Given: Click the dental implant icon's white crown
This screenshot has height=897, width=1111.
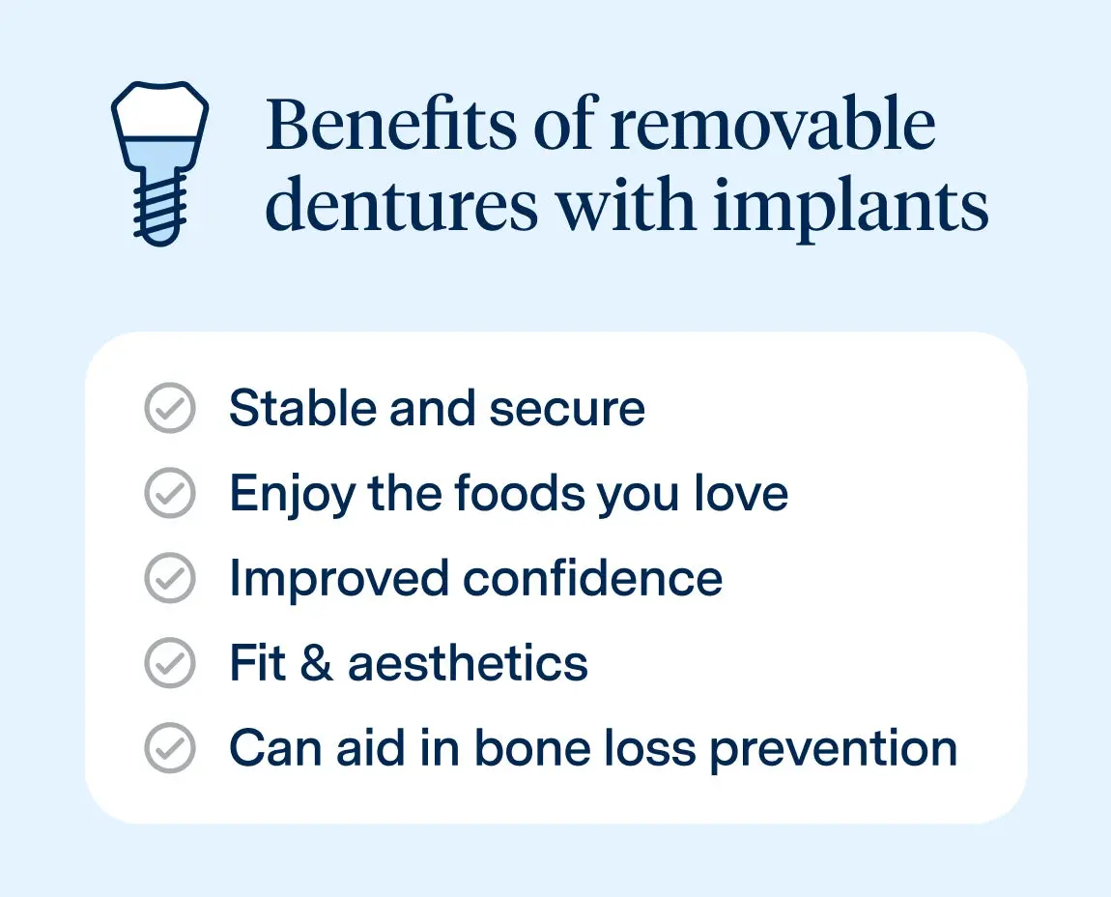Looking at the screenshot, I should [160, 112].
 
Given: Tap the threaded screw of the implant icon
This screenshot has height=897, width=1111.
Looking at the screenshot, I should [160, 211].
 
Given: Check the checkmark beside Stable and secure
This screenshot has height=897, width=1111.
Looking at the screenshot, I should [170, 408].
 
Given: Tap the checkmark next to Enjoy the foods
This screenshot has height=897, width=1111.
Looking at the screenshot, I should [170, 494].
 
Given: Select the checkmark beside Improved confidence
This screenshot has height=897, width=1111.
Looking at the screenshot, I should [170, 578].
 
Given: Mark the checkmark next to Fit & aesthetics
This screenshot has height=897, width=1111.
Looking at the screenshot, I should [170, 663].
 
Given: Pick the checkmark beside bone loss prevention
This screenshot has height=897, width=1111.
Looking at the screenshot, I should [170, 748].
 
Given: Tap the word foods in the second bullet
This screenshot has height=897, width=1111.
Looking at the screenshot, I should [520, 494].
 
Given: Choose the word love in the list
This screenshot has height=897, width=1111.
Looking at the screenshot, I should [742, 494].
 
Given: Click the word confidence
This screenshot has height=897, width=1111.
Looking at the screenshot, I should [592, 578].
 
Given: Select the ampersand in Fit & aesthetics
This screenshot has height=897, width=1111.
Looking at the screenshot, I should [317, 664].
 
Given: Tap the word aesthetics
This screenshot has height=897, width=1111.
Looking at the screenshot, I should [468, 664].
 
